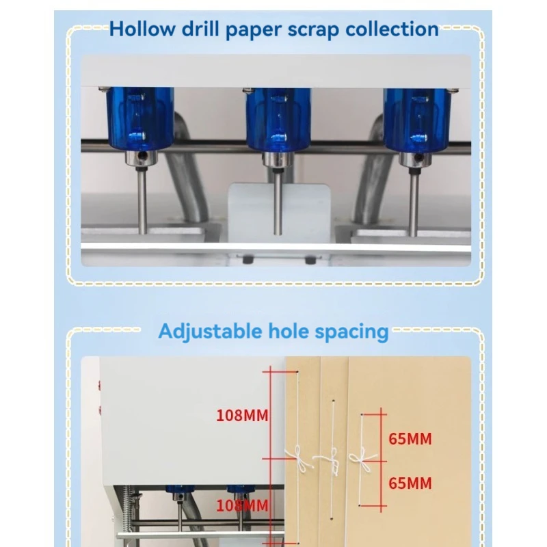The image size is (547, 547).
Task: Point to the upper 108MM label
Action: click(242, 414)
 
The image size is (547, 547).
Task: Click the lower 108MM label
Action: click(242, 506)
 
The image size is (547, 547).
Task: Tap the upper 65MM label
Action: click(410, 439)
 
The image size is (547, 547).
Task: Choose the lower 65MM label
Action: click(410, 483)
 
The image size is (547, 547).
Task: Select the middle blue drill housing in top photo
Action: click(278, 120)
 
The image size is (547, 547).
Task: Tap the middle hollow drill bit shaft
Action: click(278, 201)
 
